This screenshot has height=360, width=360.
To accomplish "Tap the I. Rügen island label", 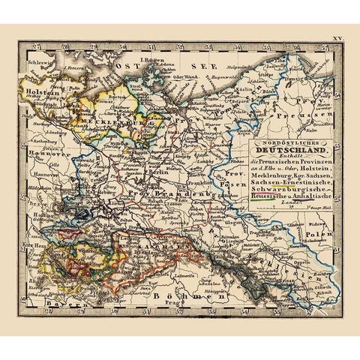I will point(154,56).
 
